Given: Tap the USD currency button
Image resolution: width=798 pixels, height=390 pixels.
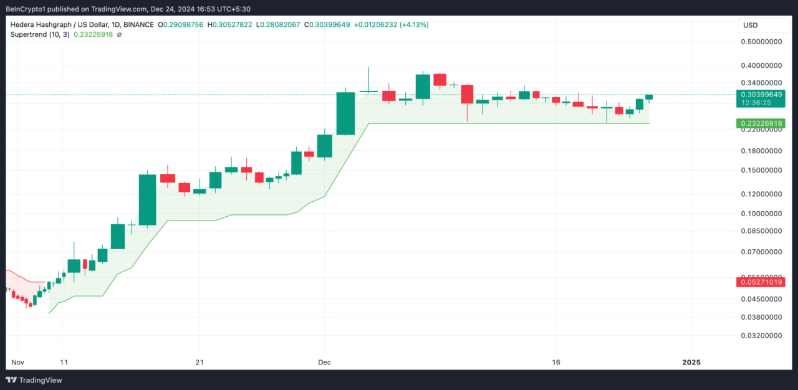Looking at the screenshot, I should pyautogui.click(x=750, y=26).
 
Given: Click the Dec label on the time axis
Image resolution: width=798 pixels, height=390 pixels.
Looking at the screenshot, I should pyautogui.click(x=324, y=362).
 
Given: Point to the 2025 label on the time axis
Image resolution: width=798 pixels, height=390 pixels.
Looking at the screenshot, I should pyautogui.click(x=691, y=362).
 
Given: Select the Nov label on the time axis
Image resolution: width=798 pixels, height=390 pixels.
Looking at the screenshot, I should pyautogui.click(x=17, y=362).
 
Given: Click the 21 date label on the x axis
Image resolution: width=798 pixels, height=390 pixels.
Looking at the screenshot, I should pyautogui.click(x=199, y=362).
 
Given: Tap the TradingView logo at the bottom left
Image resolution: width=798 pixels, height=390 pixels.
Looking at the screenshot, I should pyautogui.click(x=34, y=380).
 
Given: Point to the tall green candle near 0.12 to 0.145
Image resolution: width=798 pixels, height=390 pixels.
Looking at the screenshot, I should pyautogui.click(x=147, y=199).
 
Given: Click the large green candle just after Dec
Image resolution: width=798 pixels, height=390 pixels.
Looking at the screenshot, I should pyautogui.click(x=345, y=113).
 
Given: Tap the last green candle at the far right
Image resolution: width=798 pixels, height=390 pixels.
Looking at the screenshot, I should pyautogui.click(x=649, y=97).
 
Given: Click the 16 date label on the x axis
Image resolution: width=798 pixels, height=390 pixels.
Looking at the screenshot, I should pyautogui.click(x=557, y=362).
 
